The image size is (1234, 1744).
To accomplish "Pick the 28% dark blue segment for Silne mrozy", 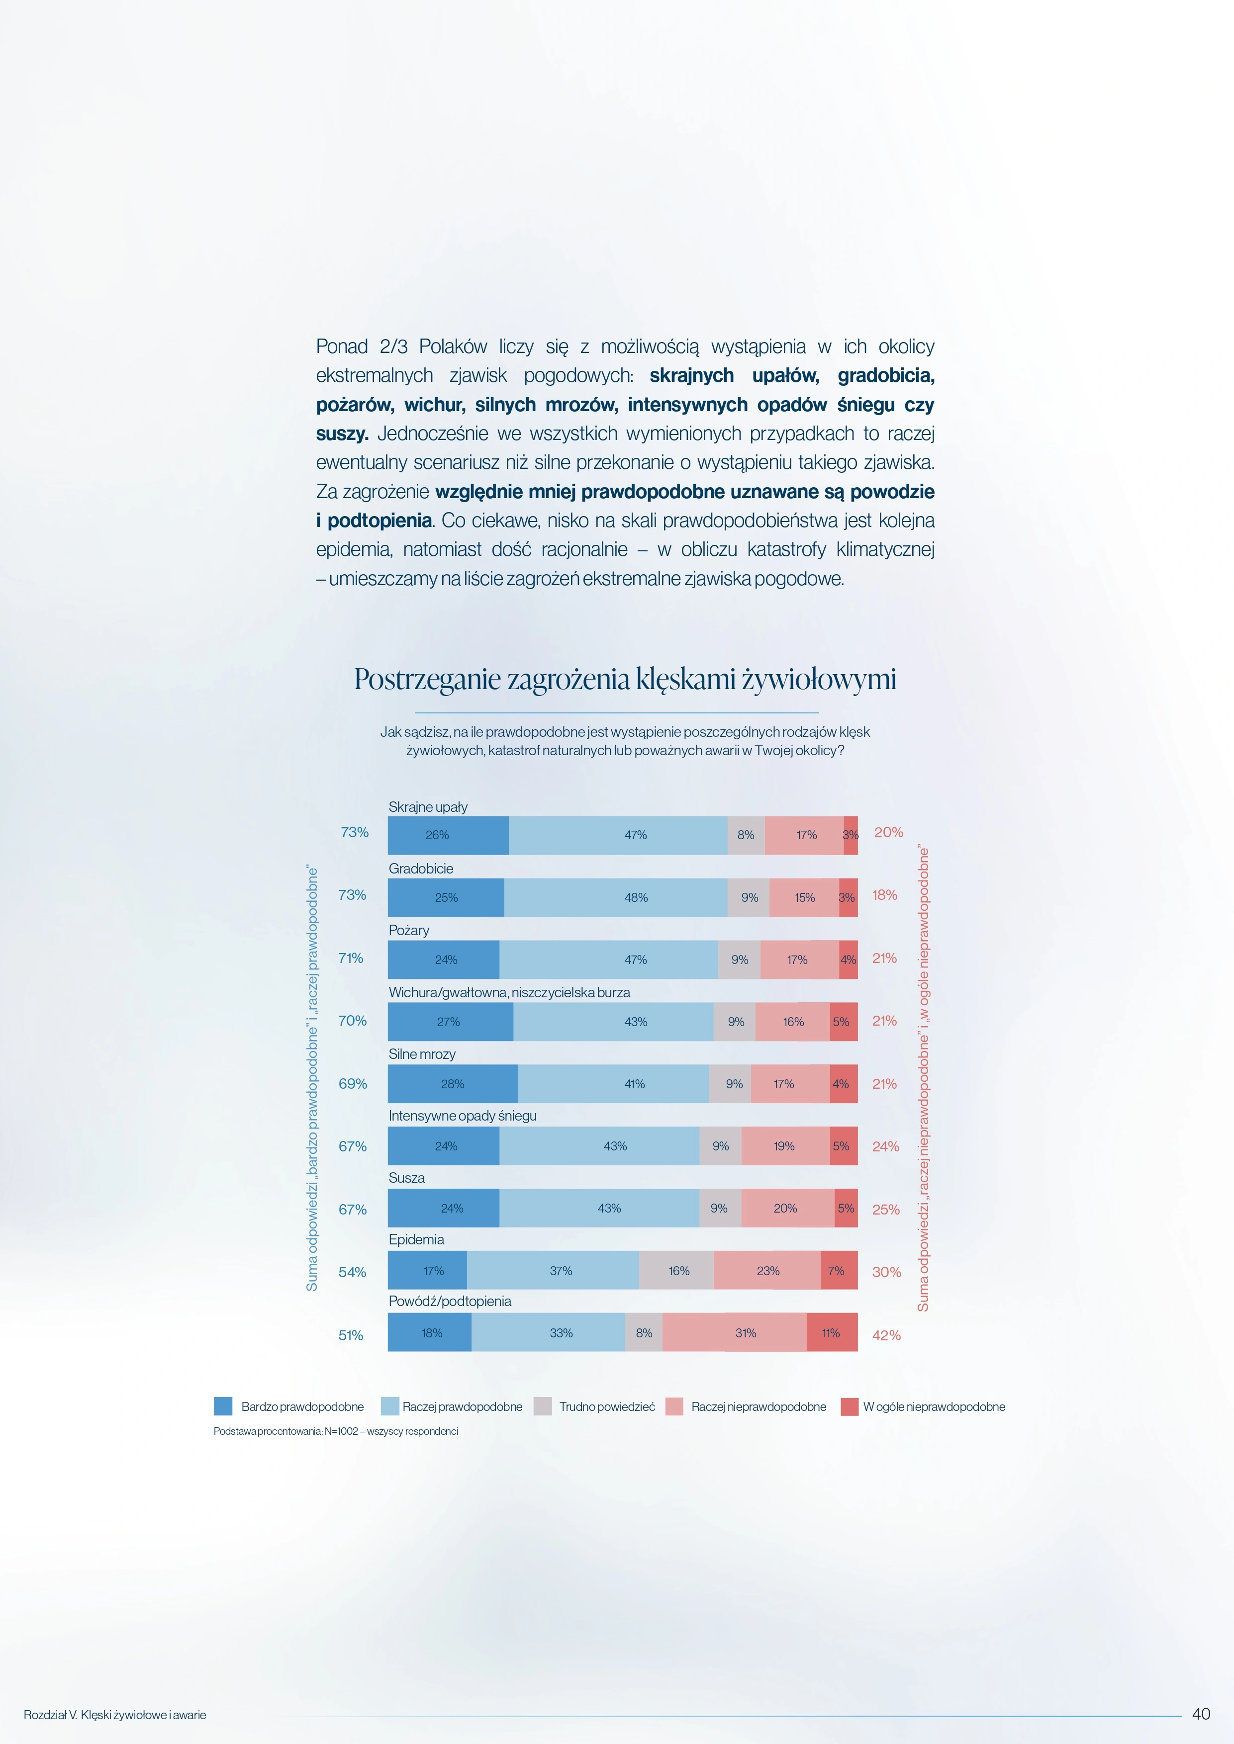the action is [x=453, y=1084].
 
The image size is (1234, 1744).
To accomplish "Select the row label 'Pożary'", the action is [x=409, y=931].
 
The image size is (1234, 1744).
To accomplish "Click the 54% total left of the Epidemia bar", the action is [x=353, y=1272].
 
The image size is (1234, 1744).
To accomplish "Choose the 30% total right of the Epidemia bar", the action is [x=886, y=1272].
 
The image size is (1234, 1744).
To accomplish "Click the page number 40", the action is [x=1201, y=1714].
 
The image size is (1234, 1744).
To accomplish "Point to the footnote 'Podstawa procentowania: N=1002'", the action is [x=285, y=1432].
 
